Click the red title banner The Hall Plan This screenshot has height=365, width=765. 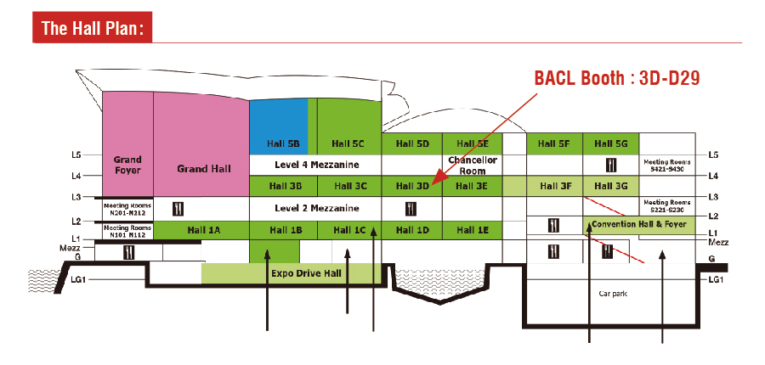pyautogui.click(x=93, y=28)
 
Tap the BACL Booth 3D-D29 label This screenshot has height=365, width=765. pyautogui.click(x=616, y=78)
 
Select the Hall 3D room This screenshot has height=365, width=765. pyautogui.click(x=412, y=186)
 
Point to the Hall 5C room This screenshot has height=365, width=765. pyautogui.click(x=348, y=143)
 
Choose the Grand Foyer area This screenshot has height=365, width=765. pyautogui.click(x=127, y=164)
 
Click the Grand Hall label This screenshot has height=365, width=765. pyautogui.click(x=204, y=169)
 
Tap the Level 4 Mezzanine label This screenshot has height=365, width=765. pyautogui.click(x=317, y=164)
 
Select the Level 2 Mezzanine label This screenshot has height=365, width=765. pyautogui.click(x=317, y=208)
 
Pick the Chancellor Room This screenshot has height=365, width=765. pyautogui.click(x=472, y=165)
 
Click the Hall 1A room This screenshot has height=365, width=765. pyautogui.click(x=203, y=230)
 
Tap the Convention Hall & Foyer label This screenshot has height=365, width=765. pyautogui.click(x=638, y=225)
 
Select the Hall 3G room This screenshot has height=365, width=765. pyautogui.click(x=610, y=186)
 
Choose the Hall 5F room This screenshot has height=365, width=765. pyautogui.click(x=553, y=143)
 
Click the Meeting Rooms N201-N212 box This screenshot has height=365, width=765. pyautogui.click(x=127, y=208)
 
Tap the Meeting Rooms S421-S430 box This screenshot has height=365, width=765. pyautogui.click(x=666, y=164)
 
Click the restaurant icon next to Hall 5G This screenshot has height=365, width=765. pyautogui.click(x=610, y=164)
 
